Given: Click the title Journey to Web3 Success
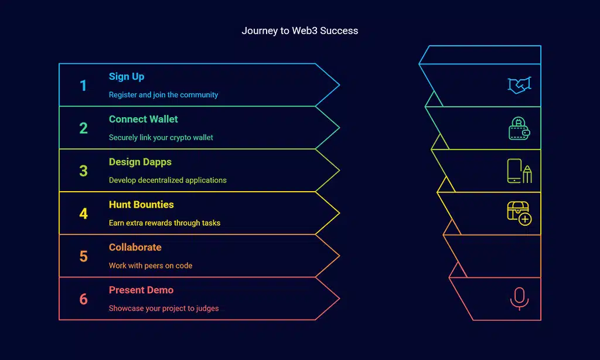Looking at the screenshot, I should (x=299, y=30).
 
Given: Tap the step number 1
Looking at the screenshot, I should (x=83, y=86).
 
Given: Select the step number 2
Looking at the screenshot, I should (x=83, y=128).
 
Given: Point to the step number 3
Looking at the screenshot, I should (x=83, y=171).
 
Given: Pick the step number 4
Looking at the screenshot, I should (x=83, y=214).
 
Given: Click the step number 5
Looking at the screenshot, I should (x=83, y=257).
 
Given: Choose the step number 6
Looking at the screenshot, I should (x=83, y=300).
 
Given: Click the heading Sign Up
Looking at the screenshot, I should (x=127, y=77).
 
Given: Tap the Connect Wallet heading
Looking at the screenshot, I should (x=144, y=119).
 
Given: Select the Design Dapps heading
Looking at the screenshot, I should (x=140, y=162).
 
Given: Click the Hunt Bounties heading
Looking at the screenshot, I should (x=141, y=205).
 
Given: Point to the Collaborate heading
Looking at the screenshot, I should (x=135, y=247).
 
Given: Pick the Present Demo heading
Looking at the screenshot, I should (x=141, y=290).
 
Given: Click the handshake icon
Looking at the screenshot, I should (x=519, y=86).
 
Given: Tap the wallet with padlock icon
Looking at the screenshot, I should (x=519, y=128).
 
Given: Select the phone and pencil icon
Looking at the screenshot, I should (x=519, y=171).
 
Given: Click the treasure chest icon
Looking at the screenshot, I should (x=519, y=213).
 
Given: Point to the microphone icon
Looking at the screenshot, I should (x=519, y=298).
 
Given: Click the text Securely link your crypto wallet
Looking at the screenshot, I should (x=161, y=138).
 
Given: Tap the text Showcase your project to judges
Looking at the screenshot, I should (x=163, y=308).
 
